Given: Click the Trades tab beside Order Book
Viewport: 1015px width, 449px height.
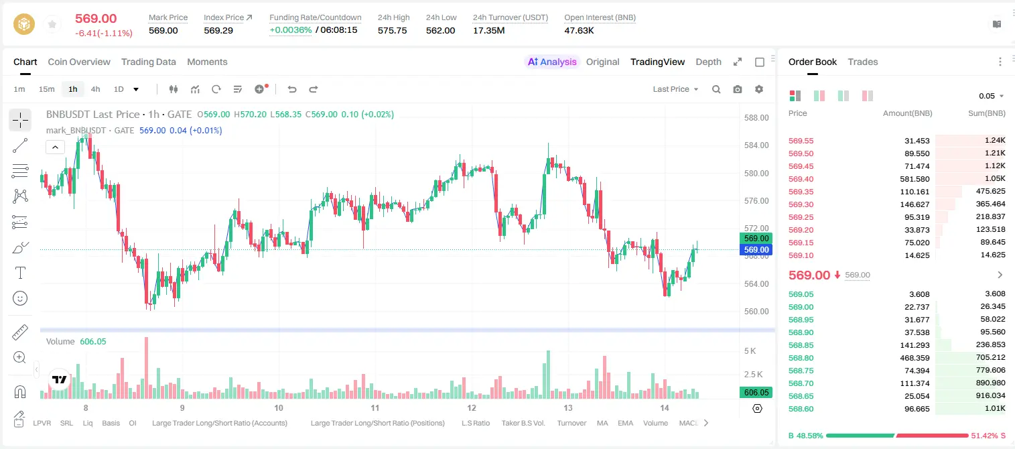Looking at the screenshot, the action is tap(862, 62).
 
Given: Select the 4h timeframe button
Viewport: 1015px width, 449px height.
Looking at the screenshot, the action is tap(95, 89).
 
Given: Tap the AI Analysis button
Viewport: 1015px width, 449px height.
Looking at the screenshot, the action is tap(552, 62).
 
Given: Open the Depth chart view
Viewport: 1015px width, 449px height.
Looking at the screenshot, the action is tap(708, 62).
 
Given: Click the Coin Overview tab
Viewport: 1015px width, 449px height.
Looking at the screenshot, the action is tap(79, 62).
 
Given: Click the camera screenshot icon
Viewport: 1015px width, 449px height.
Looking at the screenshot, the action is tap(738, 89).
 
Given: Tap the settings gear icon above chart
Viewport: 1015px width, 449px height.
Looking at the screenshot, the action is tap(759, 89).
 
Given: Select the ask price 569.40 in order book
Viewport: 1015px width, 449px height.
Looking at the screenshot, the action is tap(801, 179).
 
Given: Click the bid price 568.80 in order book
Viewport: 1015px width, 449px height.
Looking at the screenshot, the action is tap(801, 358).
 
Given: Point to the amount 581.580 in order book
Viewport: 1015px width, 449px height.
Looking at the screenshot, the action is tap(915, 179).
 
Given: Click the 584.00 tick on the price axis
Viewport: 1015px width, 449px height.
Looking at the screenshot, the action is tap(756, 145).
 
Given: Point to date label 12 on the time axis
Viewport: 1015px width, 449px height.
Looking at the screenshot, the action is tap(472, 407).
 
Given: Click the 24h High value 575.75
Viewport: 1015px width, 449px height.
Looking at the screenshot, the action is tap(392, 30).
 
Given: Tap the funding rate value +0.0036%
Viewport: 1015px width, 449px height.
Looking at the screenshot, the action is tap(291, 30).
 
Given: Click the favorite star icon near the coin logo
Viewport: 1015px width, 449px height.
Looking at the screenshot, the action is tap(52, 24).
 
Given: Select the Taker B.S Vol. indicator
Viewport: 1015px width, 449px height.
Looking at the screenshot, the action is tap(523, 423).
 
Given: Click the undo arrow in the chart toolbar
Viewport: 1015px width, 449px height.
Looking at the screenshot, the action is tap(292, 89).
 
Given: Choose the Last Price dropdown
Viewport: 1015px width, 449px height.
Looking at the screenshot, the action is tap(675, 89).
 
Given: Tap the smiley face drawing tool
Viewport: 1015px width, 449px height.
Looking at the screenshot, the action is tap(20, 298).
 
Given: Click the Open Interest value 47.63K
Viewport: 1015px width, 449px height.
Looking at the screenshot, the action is tap(579, 30).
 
